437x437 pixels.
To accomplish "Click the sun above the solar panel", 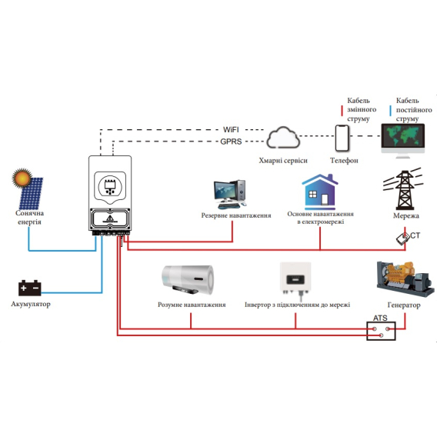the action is point(22,178).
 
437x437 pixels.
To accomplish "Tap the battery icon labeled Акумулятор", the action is point(29,288).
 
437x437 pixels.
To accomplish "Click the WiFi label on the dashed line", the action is point(231,129).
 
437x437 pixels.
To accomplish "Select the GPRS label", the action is point(231,142).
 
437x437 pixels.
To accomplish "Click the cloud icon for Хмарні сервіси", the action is point(283,138).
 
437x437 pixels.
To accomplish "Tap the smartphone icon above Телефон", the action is point(342,138).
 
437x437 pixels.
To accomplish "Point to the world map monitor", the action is point(402,141).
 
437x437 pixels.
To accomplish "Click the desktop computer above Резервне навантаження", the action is point(230,194).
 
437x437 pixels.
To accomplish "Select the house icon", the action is point(320,192).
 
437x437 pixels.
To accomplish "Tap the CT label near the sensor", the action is point(415,235).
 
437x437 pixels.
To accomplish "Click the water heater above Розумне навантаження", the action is point(188,280).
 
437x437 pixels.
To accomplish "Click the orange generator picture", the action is point(405,279).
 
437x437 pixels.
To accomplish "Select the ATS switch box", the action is point(381,331).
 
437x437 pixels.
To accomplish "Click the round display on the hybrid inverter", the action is point(110,186).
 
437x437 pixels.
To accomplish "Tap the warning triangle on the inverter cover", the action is point(110,218).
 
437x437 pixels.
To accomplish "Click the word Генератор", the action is point(404,305).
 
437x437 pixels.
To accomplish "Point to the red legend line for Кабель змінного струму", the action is point(342,111).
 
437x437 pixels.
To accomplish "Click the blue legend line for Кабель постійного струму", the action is point(391,111).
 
